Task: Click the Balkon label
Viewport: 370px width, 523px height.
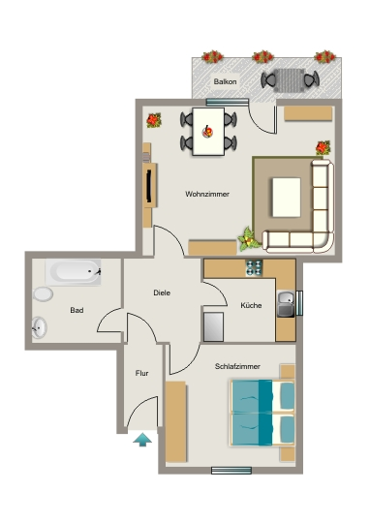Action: pyautogui.click(x=226, y=81)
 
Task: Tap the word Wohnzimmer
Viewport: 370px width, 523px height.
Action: pyautogui.click(x=207, y=194)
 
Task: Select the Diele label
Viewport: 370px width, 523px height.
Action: pyautogui.click(x=162, y=292)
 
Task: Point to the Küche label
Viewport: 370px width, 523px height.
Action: pyautogui.click(x=251, y=305)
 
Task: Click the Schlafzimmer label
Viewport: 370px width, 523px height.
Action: pyautogui.click(x=237, y=366)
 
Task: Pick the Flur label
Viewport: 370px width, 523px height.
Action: pyautogui.click(x=141, y=373)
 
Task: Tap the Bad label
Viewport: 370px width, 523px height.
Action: pyautogui.click(x=77, y=310)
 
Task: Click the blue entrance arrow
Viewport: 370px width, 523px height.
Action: pyautogui.click(x=142, y=440)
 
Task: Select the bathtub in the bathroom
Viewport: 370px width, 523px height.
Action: pyautogui.click(x=74, y=272)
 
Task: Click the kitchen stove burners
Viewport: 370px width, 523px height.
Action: pyautogui.click(x=254, y=268)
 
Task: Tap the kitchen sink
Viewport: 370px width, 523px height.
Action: pyautogui.click(x=286, y=304)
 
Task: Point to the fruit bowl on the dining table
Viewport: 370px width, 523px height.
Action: pyautogui.click(x=207, y=132)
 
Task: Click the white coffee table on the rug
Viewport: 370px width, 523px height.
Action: pyautogui.click(x=287, y=198)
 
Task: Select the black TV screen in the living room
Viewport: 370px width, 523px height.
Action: pyautogui.click(x=149, y=185)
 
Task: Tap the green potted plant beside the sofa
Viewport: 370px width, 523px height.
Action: pyautogui.click(x=249, y=239)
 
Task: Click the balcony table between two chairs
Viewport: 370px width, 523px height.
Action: pyautogui.click(x=289, y=80)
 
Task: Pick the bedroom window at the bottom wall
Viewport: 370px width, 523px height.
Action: pyautogui.click(x=231, y=471)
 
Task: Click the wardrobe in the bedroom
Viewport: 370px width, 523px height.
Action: pyautogui.click(x=175, y=422)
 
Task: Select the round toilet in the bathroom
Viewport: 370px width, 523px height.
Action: pyautogui.click(x=43, y=294)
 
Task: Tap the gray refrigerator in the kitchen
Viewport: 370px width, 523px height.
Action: pyautogui.click(x=213, y=327)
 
